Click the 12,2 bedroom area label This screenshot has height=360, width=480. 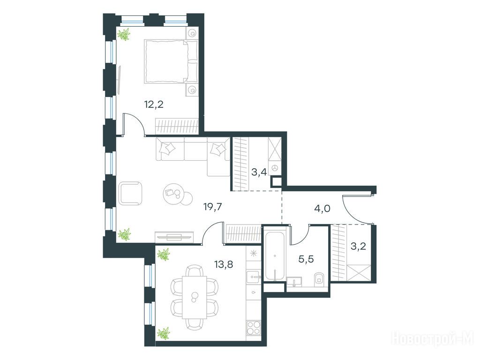154,105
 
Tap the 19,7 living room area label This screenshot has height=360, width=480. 212,207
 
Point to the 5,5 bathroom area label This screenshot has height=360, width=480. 306,259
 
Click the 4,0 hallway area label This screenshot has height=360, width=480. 322,209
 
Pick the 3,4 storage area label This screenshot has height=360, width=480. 259,172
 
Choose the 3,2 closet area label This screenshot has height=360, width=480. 359,246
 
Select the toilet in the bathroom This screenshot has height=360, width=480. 319,278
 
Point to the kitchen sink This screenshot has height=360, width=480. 254,277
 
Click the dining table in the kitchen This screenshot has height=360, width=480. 195,297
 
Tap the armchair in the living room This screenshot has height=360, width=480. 131,193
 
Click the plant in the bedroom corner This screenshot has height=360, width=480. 124,34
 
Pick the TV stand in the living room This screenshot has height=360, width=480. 174,237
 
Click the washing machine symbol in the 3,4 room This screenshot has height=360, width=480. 274,167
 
